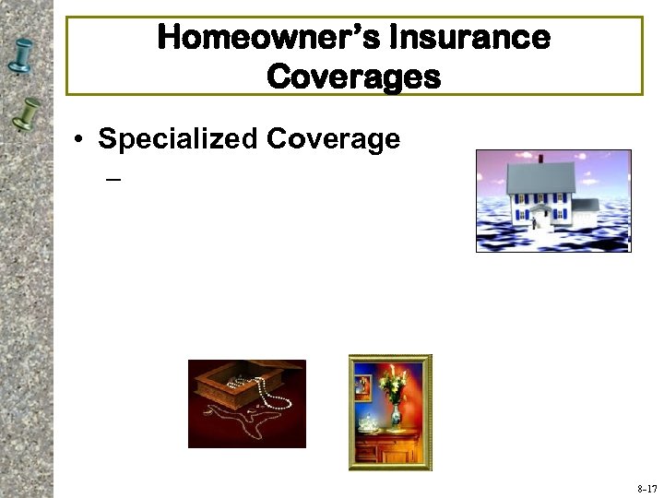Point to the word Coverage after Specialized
333,138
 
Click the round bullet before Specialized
82,140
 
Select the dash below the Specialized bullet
113,179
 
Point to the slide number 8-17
646,488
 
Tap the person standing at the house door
534,221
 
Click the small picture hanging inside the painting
362,386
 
